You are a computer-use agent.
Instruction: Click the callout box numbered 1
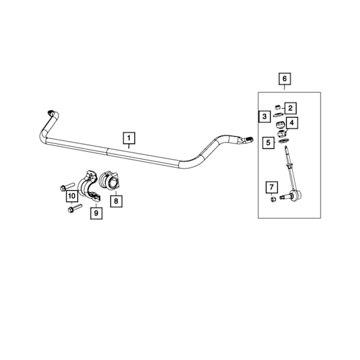(129, 138)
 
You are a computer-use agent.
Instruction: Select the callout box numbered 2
(290, 108)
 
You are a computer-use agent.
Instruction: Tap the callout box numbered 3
(264, 116)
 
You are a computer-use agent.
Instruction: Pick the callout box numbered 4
(292, 123)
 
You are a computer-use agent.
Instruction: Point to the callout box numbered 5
(268, 143)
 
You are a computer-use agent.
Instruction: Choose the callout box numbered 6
(284, 79)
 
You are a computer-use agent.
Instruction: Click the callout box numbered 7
(272, 187)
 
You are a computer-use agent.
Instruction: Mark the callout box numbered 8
(116, 201)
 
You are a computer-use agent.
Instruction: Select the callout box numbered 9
(96, 213)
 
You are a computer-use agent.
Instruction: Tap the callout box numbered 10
(72, 196)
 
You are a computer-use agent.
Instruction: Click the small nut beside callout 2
(278, 107)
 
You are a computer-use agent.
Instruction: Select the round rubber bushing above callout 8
(109, 181)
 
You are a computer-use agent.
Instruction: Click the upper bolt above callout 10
(67, 187)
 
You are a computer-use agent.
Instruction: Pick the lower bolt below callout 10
(75, 208)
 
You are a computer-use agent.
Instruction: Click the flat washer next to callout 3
(278, 115)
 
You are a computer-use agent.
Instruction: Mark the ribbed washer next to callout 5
(284, 141)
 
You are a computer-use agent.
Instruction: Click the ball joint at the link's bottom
(295, 196)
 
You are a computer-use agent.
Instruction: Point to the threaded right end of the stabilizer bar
(248, 139)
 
